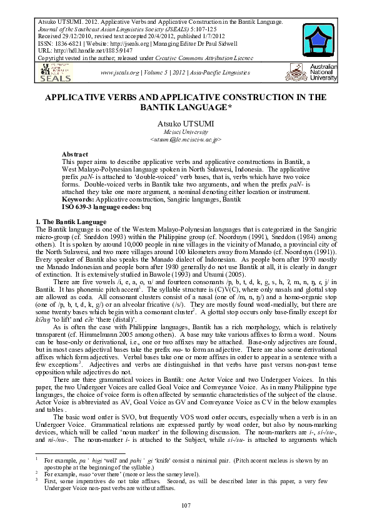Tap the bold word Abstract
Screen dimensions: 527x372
point(75,154)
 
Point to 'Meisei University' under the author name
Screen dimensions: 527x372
point(185,133)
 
